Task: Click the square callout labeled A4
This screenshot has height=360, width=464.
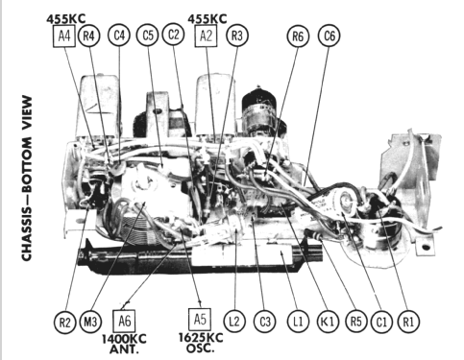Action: point(64,36)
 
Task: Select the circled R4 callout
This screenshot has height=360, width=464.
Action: point(88,36)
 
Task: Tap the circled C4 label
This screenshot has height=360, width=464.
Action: point(119,36)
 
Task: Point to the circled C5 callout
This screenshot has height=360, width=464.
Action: point(148,36)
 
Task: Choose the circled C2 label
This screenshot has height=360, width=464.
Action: point(174,35)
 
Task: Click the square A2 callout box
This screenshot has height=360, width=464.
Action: point(206,36)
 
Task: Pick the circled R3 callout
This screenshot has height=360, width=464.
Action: point(237,36)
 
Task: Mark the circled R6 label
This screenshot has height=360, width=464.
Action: point(298,36)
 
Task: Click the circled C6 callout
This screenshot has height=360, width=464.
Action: point(330,36)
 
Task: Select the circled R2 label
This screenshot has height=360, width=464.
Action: point(64,322)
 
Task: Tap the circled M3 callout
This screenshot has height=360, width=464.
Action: point(90,322)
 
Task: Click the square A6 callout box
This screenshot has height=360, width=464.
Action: point(124,321)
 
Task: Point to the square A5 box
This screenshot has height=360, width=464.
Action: point(200,319)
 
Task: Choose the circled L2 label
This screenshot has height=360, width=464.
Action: point(234,321)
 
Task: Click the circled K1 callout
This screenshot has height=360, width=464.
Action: point(328,322)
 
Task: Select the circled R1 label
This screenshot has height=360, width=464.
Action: point(408,322)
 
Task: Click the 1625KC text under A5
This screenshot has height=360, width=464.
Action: point(201,338)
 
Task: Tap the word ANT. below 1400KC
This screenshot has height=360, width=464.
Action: point(124,349)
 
